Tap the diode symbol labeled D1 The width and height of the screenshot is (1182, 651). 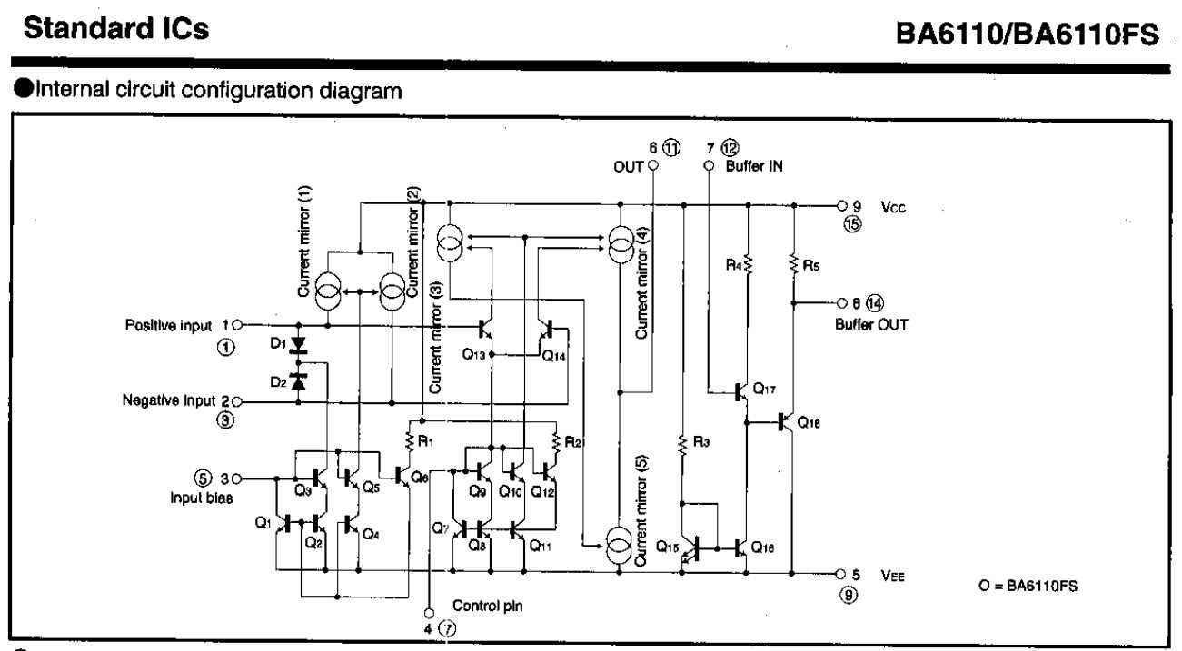297,346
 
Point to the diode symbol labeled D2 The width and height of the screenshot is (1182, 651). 297,380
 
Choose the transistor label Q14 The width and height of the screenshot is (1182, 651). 554,357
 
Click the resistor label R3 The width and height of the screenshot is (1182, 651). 701,442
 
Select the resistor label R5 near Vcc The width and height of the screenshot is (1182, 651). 811,267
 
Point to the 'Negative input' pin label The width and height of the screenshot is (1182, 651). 171,400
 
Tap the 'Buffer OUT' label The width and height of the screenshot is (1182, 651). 865,323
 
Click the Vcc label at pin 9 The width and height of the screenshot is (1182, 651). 891,207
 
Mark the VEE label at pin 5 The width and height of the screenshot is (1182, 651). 891,574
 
